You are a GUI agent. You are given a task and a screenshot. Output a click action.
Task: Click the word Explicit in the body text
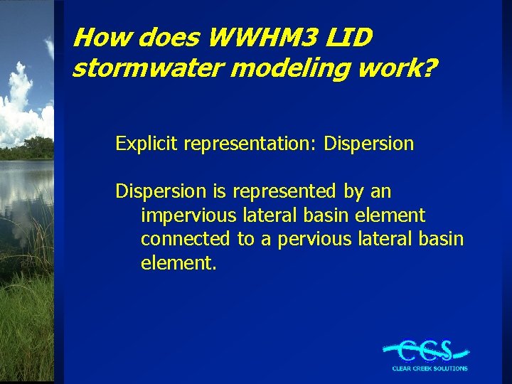point(146,144)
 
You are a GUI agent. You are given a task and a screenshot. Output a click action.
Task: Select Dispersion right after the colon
point(368,144)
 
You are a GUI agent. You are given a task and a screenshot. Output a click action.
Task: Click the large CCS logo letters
point(426,350)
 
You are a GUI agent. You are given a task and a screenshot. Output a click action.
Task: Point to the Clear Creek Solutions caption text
point(430,368)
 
